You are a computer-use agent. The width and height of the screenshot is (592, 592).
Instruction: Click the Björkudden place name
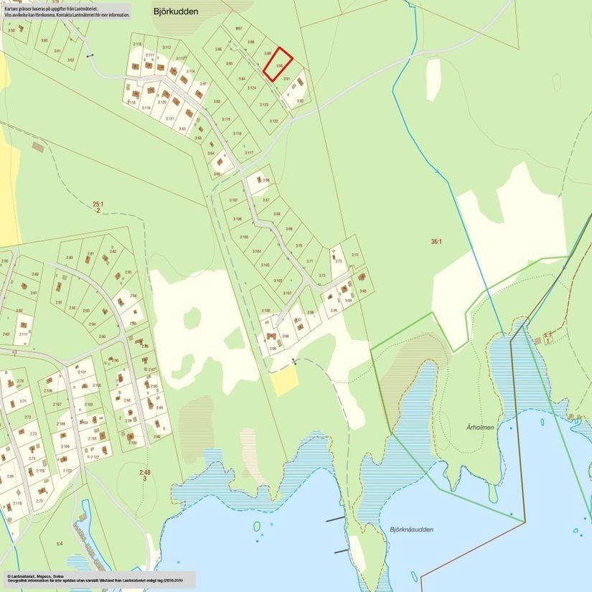176,11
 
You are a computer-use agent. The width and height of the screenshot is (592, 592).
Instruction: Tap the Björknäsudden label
412,530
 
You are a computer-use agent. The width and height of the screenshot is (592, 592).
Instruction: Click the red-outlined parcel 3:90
278,64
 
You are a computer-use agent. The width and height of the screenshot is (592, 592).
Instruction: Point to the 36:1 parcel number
436,242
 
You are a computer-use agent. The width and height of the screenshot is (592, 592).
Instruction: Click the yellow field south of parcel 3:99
284,381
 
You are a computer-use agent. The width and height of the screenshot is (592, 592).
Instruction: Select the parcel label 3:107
233,199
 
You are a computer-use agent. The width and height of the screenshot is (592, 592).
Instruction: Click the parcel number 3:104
256,251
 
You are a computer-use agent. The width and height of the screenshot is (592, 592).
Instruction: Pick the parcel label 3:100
266,311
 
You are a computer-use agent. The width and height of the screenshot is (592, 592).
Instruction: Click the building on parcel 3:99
272,336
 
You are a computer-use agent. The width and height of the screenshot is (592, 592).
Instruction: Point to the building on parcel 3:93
362,276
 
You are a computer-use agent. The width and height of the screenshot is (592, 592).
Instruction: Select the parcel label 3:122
273,121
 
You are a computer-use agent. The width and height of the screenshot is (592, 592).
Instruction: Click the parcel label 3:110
137,44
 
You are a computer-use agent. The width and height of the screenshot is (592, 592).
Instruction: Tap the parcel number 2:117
23,334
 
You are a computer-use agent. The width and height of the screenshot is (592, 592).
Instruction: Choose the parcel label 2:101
82,372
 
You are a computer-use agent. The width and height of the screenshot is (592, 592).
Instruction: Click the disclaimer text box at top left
66,10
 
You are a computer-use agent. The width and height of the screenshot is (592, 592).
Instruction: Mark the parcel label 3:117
249,152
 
